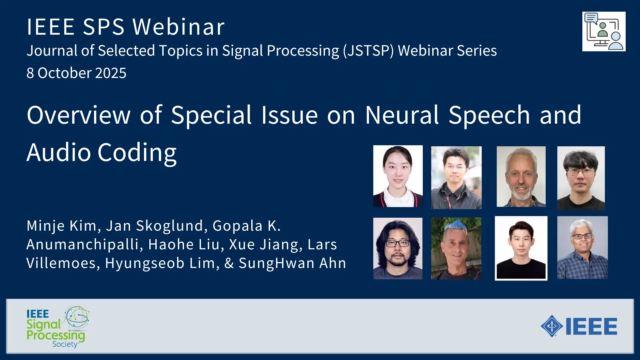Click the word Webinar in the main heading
coord(179,27)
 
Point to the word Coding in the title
coord(137,153)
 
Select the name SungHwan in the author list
coord(276,263)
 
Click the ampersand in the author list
coord(229,263)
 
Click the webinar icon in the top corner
coord(604,32)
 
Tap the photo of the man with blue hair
coord(456,248)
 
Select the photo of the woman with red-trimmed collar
coord(398,176)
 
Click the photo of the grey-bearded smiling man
coord(521,177)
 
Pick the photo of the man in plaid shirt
coord(582,248)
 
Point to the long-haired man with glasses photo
coord(398,248)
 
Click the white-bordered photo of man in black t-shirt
coord(521,248)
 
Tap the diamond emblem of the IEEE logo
coord(552,326)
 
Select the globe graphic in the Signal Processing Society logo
coord(77,317)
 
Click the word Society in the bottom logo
coord(65,344)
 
